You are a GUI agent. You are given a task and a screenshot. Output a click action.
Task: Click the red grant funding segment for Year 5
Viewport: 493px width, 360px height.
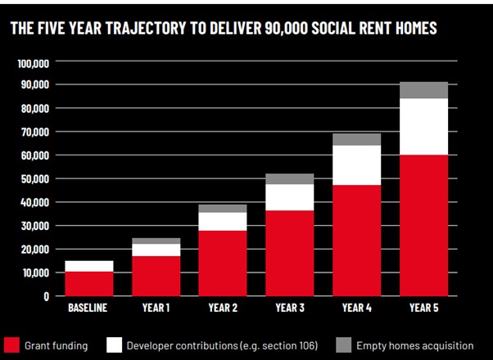coord(423,225)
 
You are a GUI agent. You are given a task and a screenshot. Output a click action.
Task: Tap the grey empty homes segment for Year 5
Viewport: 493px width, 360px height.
coord(423,90)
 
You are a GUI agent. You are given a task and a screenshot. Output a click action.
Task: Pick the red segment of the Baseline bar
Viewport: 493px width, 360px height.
coord(89,283)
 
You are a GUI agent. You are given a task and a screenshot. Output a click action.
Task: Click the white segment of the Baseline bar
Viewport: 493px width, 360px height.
coord(89,266)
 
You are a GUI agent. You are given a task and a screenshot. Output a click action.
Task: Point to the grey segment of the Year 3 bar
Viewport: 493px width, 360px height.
coord(289,179)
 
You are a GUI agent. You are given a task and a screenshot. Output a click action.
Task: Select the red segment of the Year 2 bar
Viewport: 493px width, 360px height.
coord(223,263)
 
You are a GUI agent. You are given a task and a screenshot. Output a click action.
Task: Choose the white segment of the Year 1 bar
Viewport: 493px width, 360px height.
coord(156,250)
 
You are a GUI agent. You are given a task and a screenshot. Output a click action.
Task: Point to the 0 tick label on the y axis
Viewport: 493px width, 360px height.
coord(47,296)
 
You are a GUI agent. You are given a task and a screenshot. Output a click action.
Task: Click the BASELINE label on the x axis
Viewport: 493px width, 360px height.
coord(88,308)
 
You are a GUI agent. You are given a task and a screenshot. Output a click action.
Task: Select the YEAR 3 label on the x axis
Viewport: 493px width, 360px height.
coord(289,308)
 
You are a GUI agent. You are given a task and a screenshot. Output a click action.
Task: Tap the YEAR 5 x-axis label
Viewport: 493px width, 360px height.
coord(423,308)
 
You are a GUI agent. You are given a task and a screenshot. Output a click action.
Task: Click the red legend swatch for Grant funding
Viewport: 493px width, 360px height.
coord(11,344)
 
